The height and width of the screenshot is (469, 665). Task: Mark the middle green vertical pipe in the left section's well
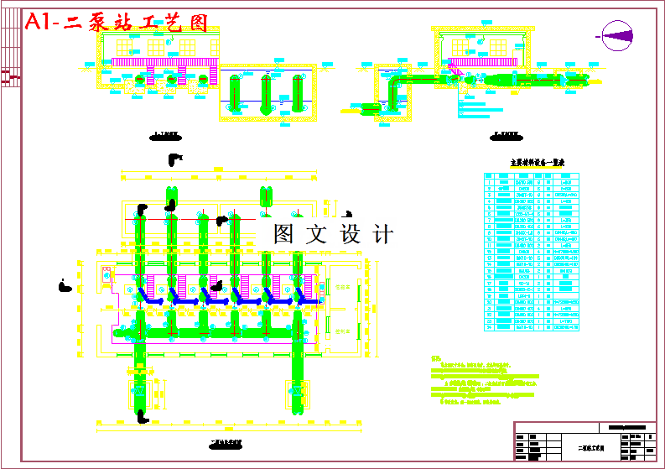coord(266,92)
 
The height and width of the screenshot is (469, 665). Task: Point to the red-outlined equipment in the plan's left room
coord(107,274)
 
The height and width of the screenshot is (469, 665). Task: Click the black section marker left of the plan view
coord(64,287)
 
